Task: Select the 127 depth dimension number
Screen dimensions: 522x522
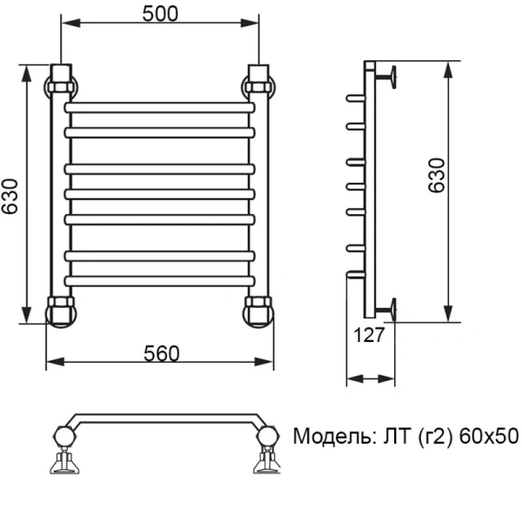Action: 370,336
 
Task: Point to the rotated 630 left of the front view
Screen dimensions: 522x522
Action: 11,195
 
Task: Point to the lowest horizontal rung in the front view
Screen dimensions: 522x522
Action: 160,280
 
